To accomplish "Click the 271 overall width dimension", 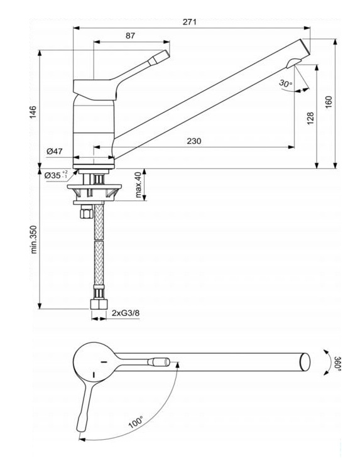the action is click(190, 22).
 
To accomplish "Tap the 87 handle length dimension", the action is click(130, 36).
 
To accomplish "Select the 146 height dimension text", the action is click(33, 112).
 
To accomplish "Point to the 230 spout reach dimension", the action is click(194, 141).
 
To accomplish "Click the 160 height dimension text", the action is click(328, 102).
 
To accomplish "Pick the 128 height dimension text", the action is click(310, 118).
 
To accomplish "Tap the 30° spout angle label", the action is click(286, 84).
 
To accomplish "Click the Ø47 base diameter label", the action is click(55, 151).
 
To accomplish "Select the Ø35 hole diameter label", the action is click(56, 175).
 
